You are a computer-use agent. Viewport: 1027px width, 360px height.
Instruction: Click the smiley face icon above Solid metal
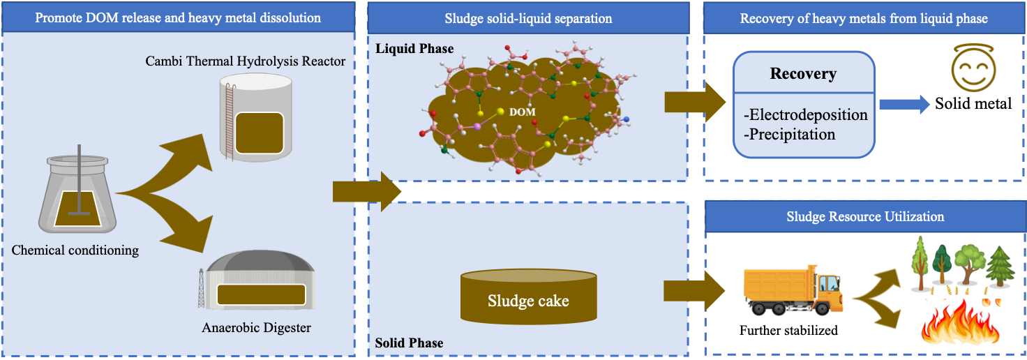tap(972, 71)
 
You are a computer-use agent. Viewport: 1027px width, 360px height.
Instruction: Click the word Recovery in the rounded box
tap(803, 74)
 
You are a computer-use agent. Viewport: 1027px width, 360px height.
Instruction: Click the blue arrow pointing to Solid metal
tap(903, 105)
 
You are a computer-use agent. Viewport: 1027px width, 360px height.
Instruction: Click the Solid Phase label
tap(409, 343)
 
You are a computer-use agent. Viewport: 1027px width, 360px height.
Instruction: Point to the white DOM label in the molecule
tap(523, 112)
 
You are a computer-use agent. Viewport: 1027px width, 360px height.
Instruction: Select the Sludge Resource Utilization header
tap(865, 216)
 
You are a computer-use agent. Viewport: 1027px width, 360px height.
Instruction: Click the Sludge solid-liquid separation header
tap(528, 18)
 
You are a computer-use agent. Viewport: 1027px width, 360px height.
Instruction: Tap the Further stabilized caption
tap(788, 330)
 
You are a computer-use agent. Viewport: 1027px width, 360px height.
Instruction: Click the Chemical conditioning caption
tap(75, 250)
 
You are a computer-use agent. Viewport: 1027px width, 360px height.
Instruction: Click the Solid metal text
tap(973, 104)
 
